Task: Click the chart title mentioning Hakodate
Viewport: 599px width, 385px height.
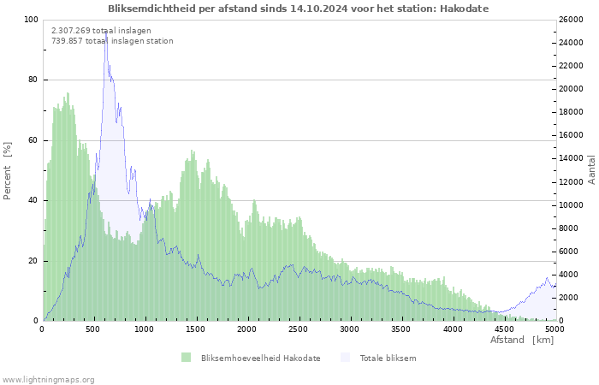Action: coord(299,8)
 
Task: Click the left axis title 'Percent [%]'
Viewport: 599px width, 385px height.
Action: coord(8,170)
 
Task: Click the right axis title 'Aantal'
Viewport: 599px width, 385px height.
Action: coord(591,169)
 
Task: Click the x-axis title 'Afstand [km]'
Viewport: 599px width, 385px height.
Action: coord(522,341)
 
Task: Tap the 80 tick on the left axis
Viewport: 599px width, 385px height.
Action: coord(33,80)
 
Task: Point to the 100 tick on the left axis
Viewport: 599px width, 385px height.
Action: coord(31,20)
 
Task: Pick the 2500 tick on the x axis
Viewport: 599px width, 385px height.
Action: coord(298,329)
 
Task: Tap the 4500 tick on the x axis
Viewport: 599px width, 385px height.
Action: coord(503,329)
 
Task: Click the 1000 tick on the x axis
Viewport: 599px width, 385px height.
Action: coord(145,329)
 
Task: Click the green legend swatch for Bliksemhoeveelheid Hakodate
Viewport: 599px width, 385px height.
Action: coord(186,358)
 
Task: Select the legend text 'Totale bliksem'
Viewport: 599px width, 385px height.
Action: coord(388,358)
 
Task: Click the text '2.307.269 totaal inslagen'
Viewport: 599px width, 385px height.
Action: coord(101,30)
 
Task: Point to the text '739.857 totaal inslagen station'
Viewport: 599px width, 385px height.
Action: coord(112,40)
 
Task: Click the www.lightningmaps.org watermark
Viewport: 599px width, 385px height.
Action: coord(48,379)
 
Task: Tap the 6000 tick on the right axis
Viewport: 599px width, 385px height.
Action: coord(571,252)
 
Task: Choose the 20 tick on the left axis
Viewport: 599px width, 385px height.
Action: coord(33,261)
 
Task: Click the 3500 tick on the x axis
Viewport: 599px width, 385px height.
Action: coord(400,329)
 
